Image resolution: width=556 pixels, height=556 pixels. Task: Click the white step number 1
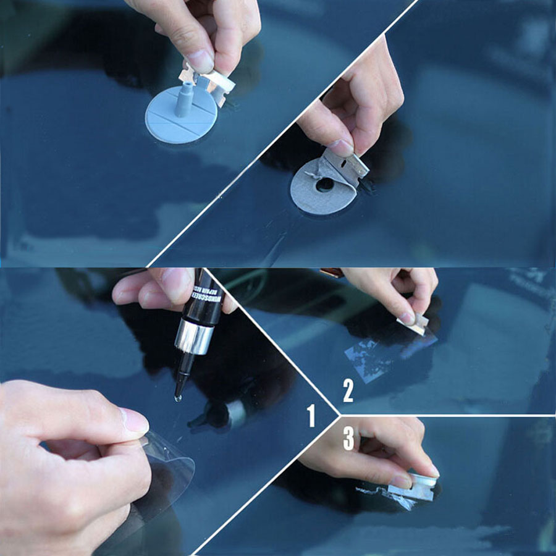point(311,416)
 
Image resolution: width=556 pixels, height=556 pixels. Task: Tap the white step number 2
point(348,391)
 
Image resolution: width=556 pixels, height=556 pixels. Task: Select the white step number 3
point(348,438)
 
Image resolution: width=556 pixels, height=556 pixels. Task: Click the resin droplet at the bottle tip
point(178,398)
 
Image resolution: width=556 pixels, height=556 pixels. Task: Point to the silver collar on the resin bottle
point(193,337)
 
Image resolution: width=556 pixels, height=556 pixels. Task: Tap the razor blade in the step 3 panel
point(410,491)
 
